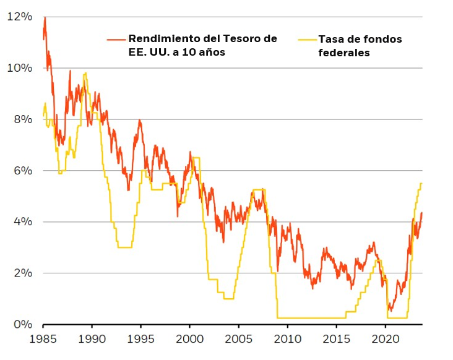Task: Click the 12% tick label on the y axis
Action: coord(19,16)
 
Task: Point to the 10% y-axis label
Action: coord(19,67)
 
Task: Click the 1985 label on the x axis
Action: coord(43,339)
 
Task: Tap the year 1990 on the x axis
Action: coord(92,339)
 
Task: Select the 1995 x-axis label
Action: coord(140,339)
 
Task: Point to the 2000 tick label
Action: coord(189,339)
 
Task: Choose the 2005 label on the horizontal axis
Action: coord(238,339)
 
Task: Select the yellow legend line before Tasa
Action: coord(307,40)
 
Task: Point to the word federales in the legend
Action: coord(343,53)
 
